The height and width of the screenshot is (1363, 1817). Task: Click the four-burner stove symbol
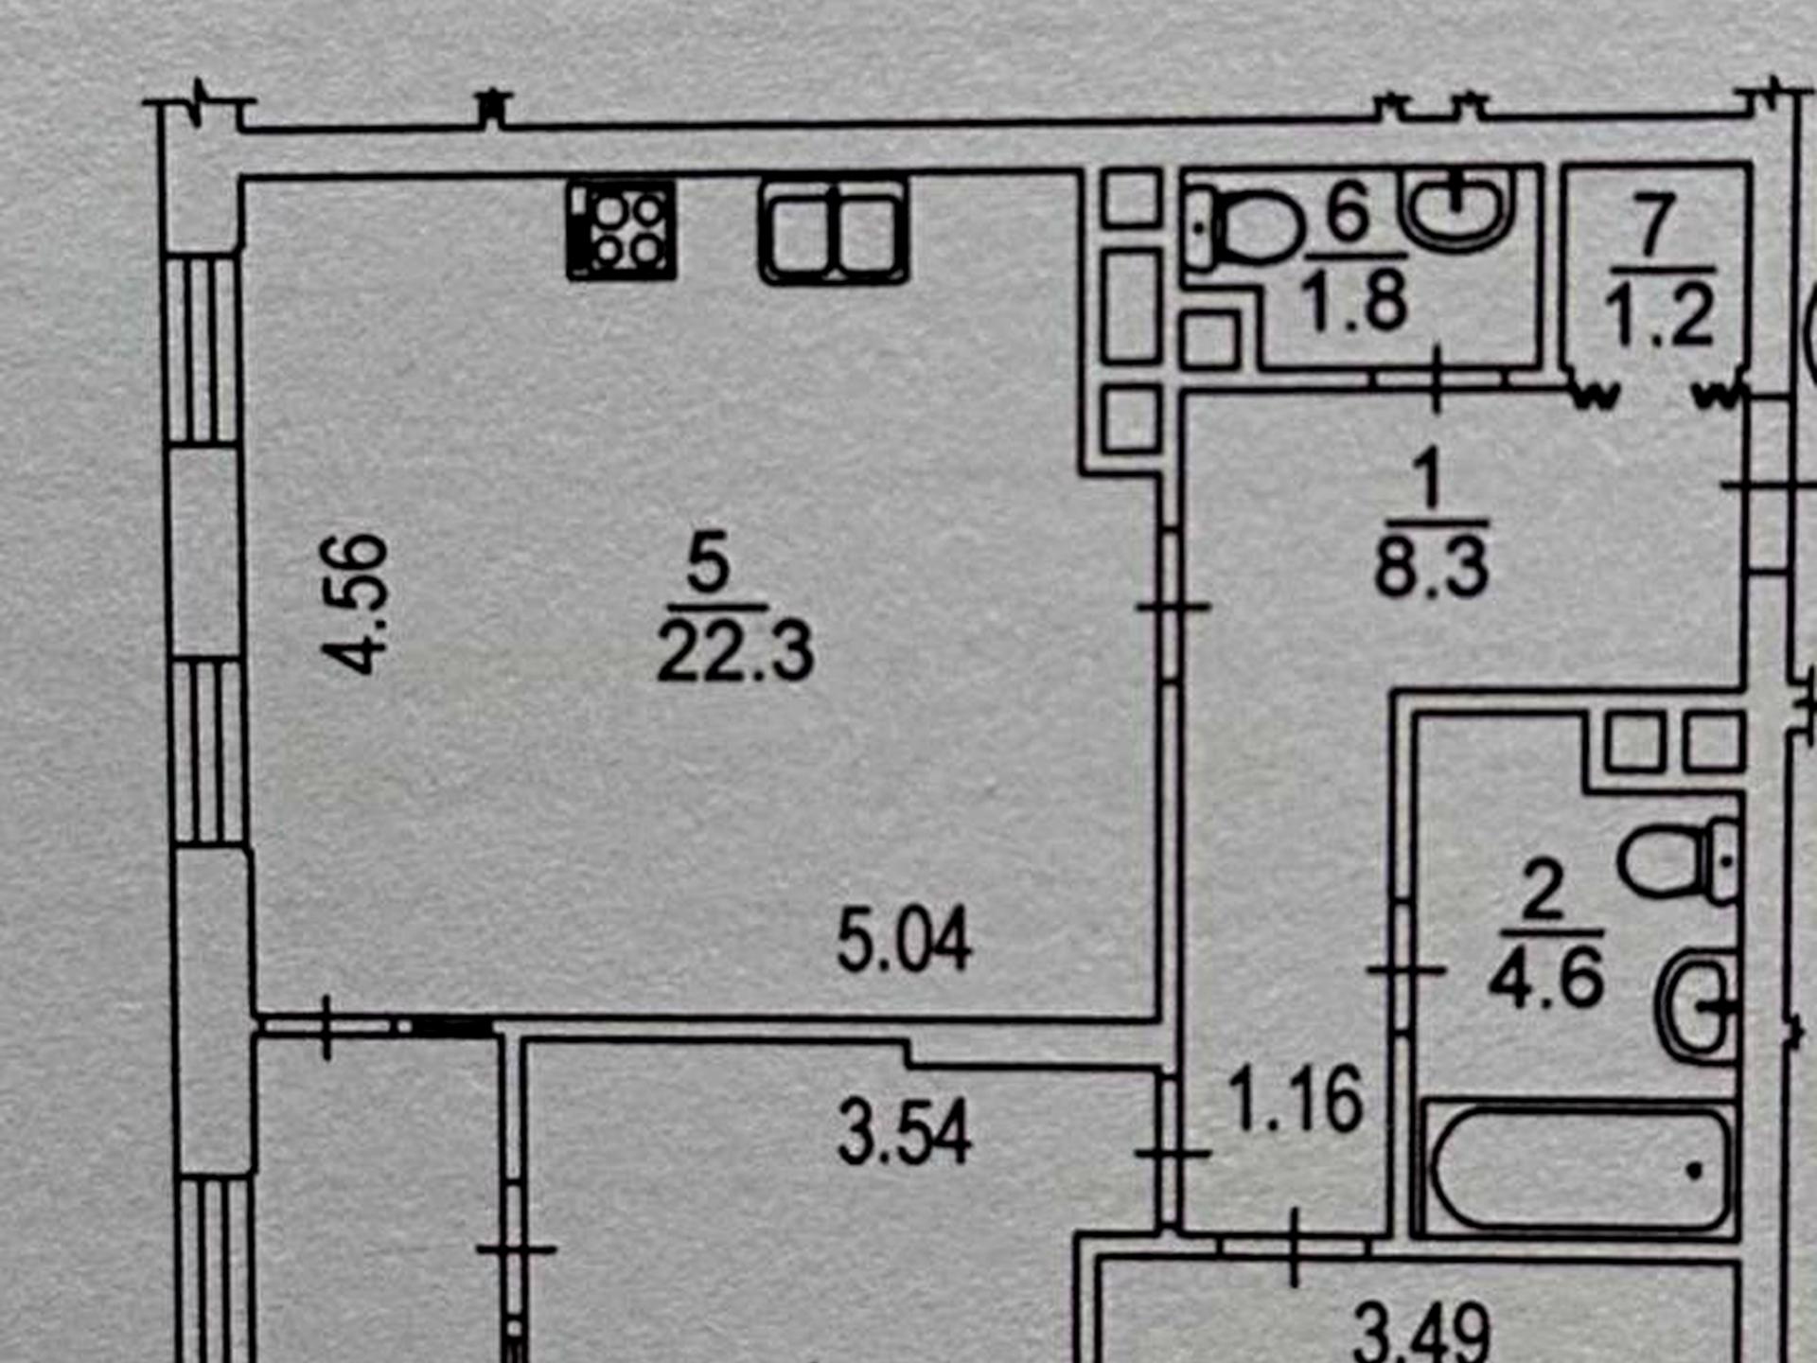click(622, 230)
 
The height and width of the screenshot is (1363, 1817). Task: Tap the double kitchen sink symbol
click(834, 232)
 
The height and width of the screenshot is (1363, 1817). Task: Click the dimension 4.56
click(355, 604)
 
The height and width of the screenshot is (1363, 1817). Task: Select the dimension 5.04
click(904, 940)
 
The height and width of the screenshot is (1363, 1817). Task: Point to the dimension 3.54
click(904, 1131)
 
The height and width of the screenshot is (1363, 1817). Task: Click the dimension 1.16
click(1296, 1099)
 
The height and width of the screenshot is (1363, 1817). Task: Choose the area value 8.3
click(1431, 567)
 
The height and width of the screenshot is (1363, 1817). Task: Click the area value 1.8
click(1354, 301)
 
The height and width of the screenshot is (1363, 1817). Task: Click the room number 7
click(1653, 224)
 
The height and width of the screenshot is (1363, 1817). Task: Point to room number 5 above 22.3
click(709, 562)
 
